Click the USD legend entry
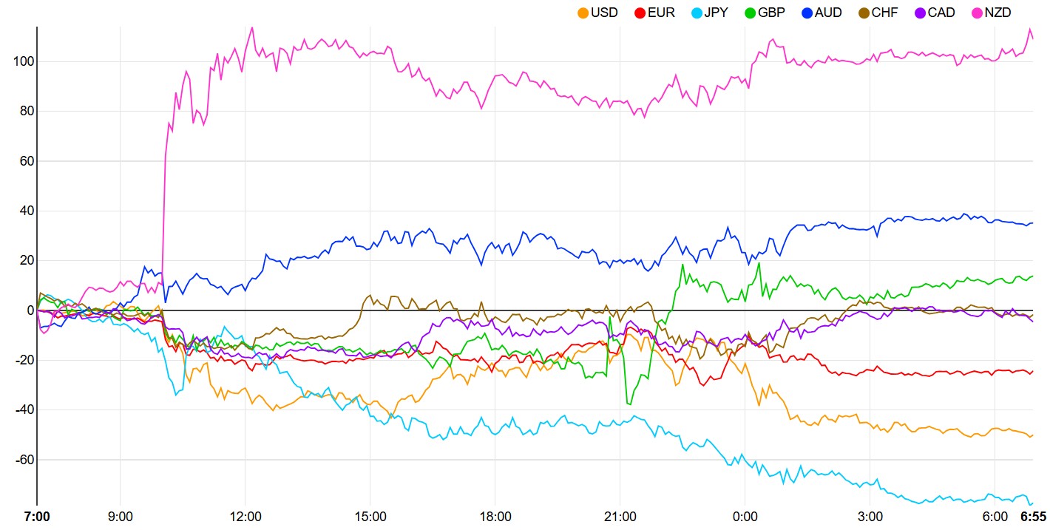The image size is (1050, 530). [604, 13]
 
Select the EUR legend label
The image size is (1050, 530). [660, 13]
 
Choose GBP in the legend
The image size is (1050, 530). [772, 13]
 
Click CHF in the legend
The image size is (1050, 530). [885, 13]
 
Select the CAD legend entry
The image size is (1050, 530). [941, 13]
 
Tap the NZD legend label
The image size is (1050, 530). [997, 13]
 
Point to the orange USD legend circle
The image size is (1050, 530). [583, 13]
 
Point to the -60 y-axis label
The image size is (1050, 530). [23, 460]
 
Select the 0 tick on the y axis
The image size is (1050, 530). [29, 310]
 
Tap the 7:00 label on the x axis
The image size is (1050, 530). [37, 516]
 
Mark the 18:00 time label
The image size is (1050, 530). [495, 516]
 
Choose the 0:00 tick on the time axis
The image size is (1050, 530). [745, 516]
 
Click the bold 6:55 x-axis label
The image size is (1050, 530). [1033, 516]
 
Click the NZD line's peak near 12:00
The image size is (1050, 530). [251, 27]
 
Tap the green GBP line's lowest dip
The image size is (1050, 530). [629, 404]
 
